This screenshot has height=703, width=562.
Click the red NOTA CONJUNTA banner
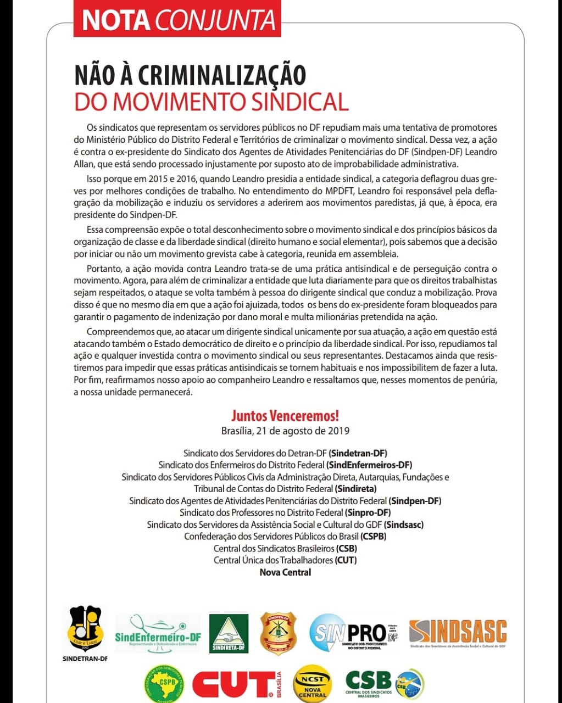click(x=177, y=20)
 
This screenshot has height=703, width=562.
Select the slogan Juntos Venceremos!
click(x=285, y=415)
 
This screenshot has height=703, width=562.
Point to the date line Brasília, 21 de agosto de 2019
click(x=285, y=431)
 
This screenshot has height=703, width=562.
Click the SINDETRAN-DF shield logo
click(x=85, y=629)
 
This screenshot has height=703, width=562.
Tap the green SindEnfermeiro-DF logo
click(x=158, y=633)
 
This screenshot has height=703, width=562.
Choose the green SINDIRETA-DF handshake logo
click(x=229, y=633)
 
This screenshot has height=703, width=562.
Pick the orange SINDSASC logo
click(x=458, y=633)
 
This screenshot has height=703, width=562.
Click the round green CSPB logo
click(x=164, y=683)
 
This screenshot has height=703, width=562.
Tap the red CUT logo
click(x=236, y=684)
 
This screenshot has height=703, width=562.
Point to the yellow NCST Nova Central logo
click(x=313, y=684)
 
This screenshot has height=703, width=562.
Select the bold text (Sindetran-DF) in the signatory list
click(x=358, y=453)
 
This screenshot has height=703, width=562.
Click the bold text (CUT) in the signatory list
click(x=346, y=560)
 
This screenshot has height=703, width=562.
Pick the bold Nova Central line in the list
click(x=285, y=572)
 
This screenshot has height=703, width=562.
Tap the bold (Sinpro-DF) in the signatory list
click(x=368, y=512)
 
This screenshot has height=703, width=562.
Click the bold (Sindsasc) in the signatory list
click(x=404, y=525)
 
